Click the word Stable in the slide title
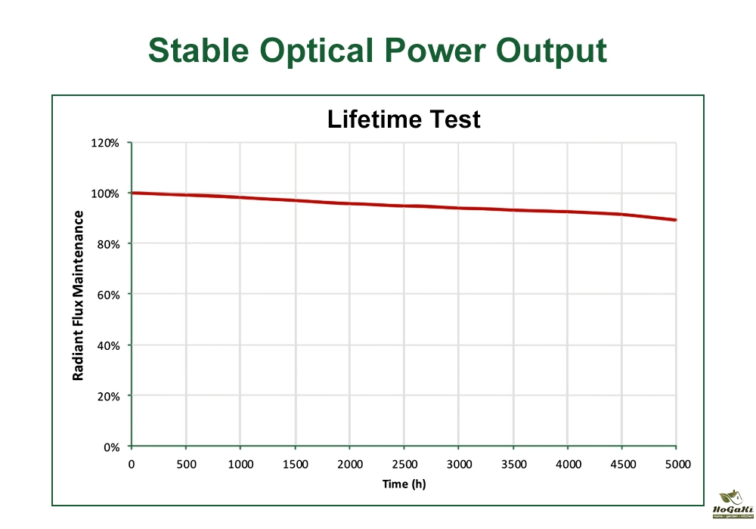(x=199, y=50)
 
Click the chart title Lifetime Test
(x=404, y=119)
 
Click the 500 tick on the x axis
(x=186, y=464)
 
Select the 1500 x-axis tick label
(x=295, y=464)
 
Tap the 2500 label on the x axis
(x=404, y=464)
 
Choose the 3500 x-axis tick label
(x=513, y=464)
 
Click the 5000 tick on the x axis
(x=677, y=464)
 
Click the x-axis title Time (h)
(x=404, y=484)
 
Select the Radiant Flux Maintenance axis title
(x=78, y=295)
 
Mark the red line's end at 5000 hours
(x=675, y=220)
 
